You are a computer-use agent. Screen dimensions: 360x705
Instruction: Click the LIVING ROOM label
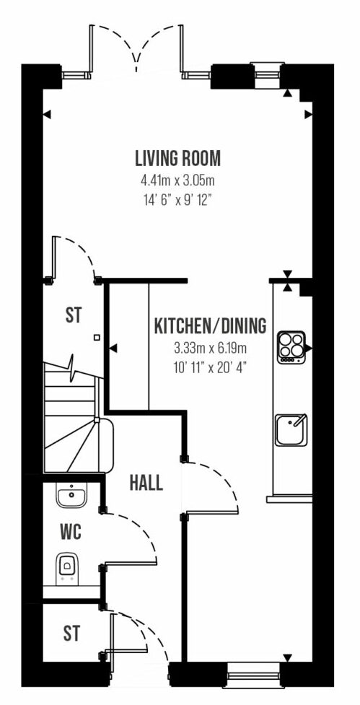coord(178,158)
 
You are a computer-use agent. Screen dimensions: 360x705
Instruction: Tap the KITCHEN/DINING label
coord(211,326)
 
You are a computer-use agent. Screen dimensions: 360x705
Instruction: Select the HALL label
coord(146,483)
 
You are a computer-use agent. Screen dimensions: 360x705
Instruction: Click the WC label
coord(71,533)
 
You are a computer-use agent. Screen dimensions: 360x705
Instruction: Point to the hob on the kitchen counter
coord(291,347)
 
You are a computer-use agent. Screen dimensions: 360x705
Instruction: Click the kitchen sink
coord(291,430)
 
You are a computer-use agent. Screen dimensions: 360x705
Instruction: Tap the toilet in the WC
coord(67,569)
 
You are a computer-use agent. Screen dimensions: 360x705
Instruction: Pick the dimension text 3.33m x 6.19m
coord(211,348)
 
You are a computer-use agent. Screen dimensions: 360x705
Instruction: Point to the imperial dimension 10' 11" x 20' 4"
coord(211,367)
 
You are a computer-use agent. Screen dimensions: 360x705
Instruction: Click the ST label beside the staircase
coord(74,315)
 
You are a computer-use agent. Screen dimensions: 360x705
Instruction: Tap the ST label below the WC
coord(71,634)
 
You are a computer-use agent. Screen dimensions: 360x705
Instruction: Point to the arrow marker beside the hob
coord(309,348)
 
